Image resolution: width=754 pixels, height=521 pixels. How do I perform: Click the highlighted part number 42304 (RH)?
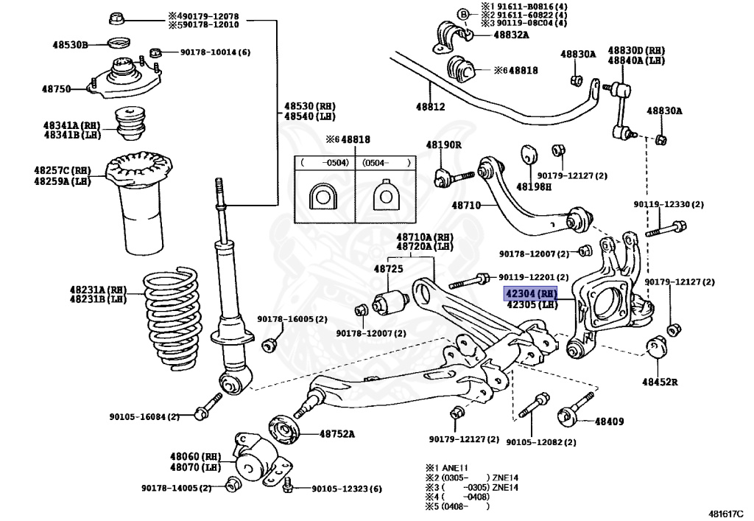(x=531, y=293)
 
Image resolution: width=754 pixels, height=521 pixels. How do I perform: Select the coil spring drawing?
(x=172, y=318)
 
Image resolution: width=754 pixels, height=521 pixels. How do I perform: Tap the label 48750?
(x=56, y=89)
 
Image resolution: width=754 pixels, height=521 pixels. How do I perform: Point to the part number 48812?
(x=430, y=107)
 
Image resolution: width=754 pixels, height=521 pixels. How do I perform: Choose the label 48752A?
(x=337, y=434)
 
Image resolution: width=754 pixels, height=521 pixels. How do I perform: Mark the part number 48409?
(x=609, y=422)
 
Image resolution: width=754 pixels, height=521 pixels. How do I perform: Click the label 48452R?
(x=660, y=382)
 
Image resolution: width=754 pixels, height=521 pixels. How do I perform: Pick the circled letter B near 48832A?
(x=462, y=15)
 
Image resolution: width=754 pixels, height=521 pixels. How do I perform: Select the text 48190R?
(x=443, y=144)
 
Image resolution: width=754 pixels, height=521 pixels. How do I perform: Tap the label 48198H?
(x=534, y=186)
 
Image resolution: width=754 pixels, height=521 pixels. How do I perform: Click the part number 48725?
(x=389, y=268)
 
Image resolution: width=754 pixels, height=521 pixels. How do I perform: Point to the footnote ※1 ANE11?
(x=447, y=467)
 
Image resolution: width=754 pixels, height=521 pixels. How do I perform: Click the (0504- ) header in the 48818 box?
(x=386, y=163)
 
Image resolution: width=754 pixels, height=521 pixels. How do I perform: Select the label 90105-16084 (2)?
(x=144, y=416)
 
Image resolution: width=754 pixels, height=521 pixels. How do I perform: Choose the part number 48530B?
(x=70, y=45)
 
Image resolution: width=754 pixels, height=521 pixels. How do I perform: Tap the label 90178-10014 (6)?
(x=216, y=52)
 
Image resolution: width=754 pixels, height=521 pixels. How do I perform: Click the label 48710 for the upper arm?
(x=466, y=206)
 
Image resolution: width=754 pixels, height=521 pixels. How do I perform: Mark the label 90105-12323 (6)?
(x=347, y=489)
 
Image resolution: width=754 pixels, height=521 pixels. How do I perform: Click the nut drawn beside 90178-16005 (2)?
(x=269, y=345)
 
